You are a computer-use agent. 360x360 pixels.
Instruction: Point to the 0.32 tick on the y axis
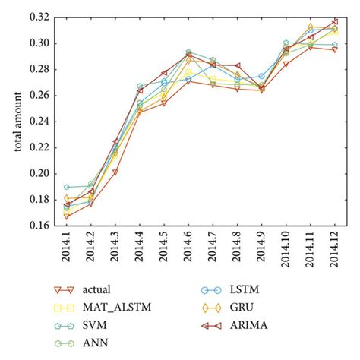(x=44, y=17)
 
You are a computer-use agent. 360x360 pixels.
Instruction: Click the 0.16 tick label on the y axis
(x=44, y=226)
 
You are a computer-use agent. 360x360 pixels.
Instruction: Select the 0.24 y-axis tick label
(x=44, y=122)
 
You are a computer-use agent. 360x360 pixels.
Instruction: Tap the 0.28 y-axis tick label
(x=44, y=69)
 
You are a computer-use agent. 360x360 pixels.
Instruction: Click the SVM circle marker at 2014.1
(x=67, y=187)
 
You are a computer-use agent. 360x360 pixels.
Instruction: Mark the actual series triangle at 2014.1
(x=67, y=216)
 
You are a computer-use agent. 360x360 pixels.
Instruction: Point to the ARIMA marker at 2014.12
(x=335, y=21)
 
